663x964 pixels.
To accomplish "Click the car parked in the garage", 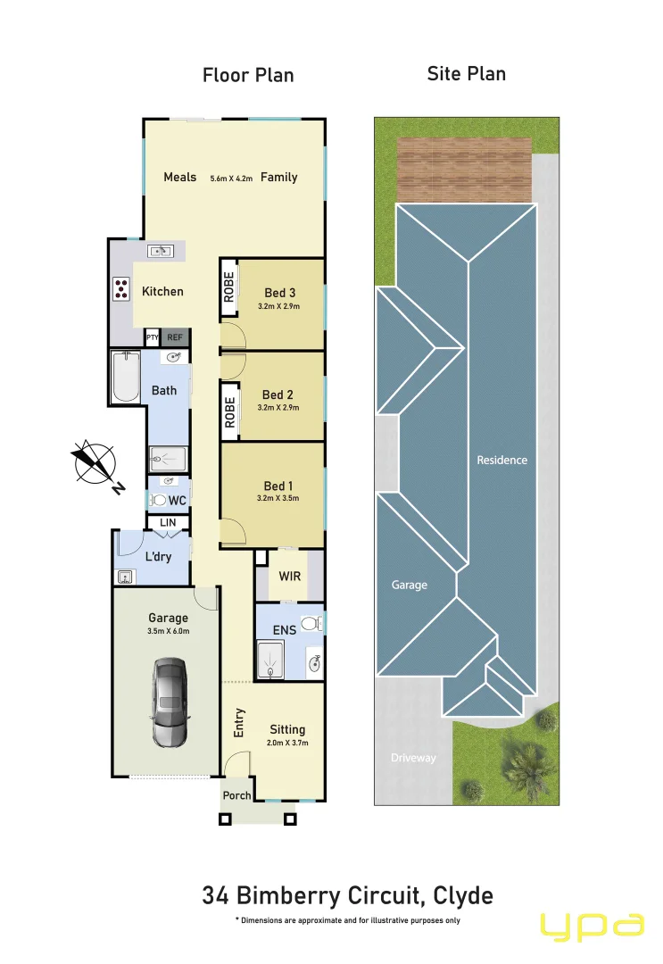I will (x=169, y=702).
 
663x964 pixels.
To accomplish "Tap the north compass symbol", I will (x=95, y=463).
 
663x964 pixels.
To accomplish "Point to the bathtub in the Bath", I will (x=125, y=378).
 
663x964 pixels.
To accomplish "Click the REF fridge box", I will (x=175, y=337).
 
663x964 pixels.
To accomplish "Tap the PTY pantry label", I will (x=153, y=337).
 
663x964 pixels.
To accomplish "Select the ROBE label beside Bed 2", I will (x=229, y=412).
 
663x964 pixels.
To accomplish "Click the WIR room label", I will (x=290, y=576).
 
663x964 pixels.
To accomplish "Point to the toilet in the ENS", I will (x=310, y=623).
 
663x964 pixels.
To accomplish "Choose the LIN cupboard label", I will (x=168, y=522).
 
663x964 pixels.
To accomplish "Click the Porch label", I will (x=236, y=795).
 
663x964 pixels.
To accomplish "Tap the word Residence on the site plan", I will (x=502, y=460).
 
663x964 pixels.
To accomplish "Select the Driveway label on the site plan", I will (x=413, y=758).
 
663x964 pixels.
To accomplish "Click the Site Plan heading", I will (x=466, y=73).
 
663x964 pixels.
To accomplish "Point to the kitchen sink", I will (x=161, y=251).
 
